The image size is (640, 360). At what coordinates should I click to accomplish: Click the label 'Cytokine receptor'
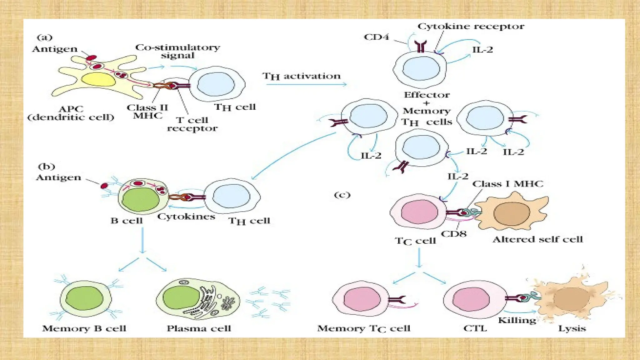point(471,27)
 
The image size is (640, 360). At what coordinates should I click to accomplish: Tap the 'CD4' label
point(377,37)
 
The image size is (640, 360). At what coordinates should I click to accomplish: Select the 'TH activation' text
point(302,76)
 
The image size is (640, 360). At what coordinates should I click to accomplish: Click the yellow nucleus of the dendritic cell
point(98,79)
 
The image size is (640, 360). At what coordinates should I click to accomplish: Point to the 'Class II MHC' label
point(147,112)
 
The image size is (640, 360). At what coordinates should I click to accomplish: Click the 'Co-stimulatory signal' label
point(177,51)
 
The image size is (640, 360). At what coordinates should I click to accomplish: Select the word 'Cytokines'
point(186,217)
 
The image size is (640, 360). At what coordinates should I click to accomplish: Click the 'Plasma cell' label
point(199,328)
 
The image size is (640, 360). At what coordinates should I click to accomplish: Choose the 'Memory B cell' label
point(84,328)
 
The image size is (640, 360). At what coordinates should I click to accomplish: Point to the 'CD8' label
point(454,234)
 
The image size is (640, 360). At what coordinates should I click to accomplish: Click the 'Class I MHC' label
point(508,184)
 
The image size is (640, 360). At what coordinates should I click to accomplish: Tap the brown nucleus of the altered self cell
point(512,214)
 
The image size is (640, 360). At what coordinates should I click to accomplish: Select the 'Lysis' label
point(572,328)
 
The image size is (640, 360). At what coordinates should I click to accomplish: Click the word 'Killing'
point(517,320)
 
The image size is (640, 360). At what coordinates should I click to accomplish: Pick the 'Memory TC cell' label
point(364,328)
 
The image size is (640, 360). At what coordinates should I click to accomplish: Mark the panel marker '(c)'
point(342,195)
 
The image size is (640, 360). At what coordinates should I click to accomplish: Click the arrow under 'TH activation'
point(306,84)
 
